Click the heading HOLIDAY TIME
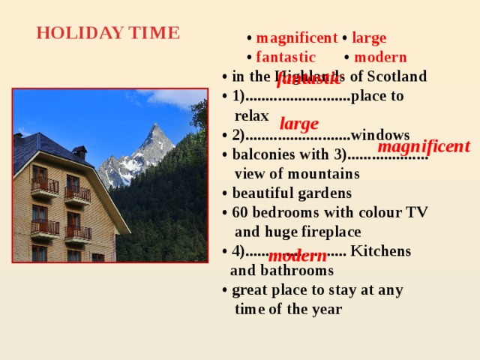[108, 34]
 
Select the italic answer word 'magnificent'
[424, 146]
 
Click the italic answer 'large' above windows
[299, 124]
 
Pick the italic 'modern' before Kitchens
[297, 256]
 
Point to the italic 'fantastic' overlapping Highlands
[308, 77]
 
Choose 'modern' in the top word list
[380, 57]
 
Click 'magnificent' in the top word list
[296, 38]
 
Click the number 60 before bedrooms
[240, 212]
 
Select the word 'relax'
[251, 115]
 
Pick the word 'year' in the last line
[326, 309]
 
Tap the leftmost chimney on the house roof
[18, 138]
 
